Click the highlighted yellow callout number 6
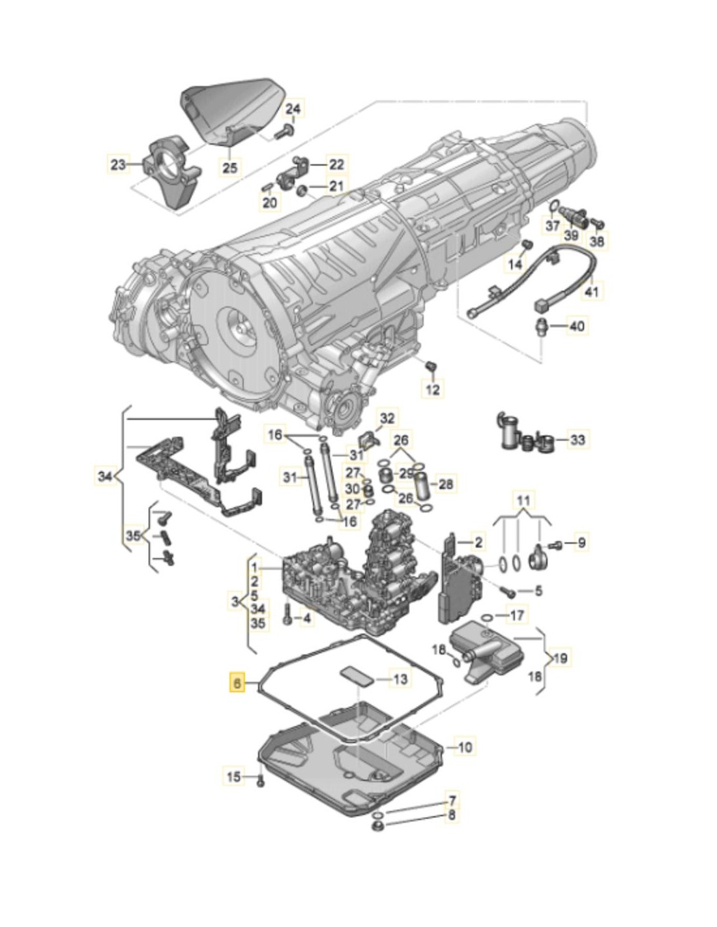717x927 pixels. tap(237, 683)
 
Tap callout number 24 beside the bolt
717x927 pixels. tap(294, 109)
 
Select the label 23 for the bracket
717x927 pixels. tap(118, 165)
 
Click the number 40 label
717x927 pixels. tap(577, 325)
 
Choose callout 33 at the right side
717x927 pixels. tap(578, 440)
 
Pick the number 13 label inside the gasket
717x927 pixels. tap(400, 679)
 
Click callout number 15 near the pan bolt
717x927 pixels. tap(233, 776)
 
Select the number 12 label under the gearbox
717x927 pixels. tap(433, 390)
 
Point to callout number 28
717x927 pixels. tap(446, 484)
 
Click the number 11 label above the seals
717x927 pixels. tap(523, 501)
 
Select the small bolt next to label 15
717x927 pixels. tap(260, 780)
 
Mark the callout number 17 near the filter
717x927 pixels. tap(516, 615)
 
